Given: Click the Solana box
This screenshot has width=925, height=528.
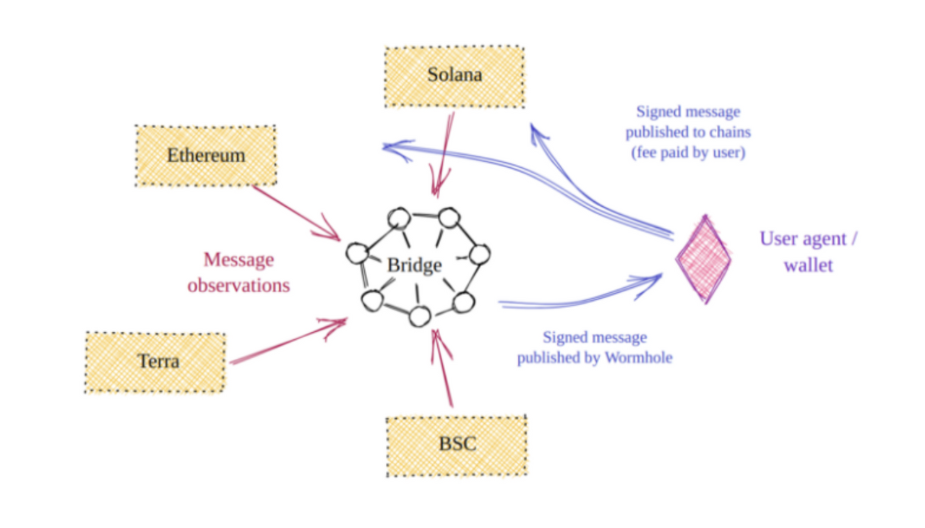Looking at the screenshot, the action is coord(455,77).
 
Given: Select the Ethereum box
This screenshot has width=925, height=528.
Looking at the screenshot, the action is coord(206,156).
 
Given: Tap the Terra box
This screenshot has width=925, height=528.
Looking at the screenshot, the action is coord(155,362).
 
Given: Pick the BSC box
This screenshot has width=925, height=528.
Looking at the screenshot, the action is coord(457,446).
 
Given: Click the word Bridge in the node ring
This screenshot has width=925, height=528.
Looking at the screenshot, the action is coord(414,265).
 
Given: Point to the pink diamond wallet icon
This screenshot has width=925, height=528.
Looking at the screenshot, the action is coord(704,260).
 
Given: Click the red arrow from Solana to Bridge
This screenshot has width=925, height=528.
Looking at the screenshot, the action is coord(444,155).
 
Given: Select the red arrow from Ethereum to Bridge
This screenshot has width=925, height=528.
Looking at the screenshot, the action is coord(296,213).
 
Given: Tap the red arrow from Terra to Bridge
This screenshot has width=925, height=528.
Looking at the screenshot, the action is coord(288,341).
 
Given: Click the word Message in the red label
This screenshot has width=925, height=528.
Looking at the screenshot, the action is coord(238,260).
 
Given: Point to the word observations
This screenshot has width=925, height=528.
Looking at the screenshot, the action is coord(238,286).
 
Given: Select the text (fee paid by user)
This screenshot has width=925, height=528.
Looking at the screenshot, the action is coord(689,153).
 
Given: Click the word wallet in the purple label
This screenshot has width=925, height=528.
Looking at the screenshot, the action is coord(809,265).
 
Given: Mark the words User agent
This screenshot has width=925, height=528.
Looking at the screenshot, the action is coord(804,239).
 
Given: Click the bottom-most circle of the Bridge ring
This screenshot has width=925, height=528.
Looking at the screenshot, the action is coord(420,317).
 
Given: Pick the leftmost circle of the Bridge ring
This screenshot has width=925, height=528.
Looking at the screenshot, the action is coord(357,253).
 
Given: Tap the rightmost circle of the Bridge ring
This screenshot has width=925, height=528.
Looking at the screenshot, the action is coord(479,255).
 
